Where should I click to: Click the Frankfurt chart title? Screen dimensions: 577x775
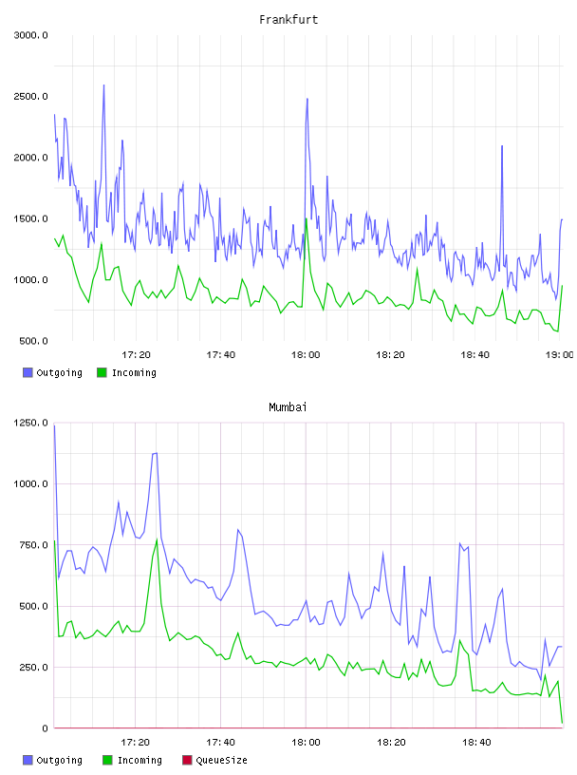pyautogui.click(x=288, y=20)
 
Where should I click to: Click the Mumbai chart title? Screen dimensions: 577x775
pyautogui.click(x=288, y=407)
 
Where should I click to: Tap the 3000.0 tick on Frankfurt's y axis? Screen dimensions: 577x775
pyautogui.click(x=30, y=35)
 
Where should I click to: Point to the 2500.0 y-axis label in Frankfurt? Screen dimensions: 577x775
pyautogui.click(x=30, y=96)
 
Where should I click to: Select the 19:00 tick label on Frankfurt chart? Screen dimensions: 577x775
pyautogui.click(x=559, y=355)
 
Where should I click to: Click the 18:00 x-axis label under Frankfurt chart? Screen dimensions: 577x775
pyautogui.click(x=306, y=355)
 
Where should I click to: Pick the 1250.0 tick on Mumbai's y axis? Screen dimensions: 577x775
pyautogui.click(x=30, y=423)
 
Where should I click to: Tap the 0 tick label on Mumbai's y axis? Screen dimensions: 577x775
pyautogui.click(x=45, y=728)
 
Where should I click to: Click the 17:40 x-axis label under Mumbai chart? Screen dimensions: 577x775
pyautogui.click(x=220, y=743)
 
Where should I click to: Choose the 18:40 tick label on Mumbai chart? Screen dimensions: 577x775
pyautogui.click(x=476, y=743)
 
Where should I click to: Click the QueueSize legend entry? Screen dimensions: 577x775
pyautogui.click(x=221, y=760)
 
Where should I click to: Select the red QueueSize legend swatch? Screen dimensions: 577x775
pyautogui.click(x=187, y=760)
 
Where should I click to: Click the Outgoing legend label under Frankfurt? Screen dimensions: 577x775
pyautogui.click(x=59, y=372)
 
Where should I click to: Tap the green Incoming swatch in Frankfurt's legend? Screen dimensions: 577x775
pyautogui.click(x=102, y=372)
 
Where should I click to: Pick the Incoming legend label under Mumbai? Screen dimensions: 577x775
pyautogui.click(x=140, y=760)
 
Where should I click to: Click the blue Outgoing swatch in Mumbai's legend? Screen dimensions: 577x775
pyautogui.click(x=28, y=760)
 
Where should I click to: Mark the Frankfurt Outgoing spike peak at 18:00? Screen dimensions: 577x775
pyautogui.click(x=307, y=99)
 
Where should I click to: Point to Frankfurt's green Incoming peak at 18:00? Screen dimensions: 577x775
pyautogui.click(x=307, y=219)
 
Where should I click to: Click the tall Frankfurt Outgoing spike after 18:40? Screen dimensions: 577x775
pyautogui.click(x=502, y=146)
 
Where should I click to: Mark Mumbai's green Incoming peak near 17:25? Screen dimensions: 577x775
pyautogui.click(x=158, y=539)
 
